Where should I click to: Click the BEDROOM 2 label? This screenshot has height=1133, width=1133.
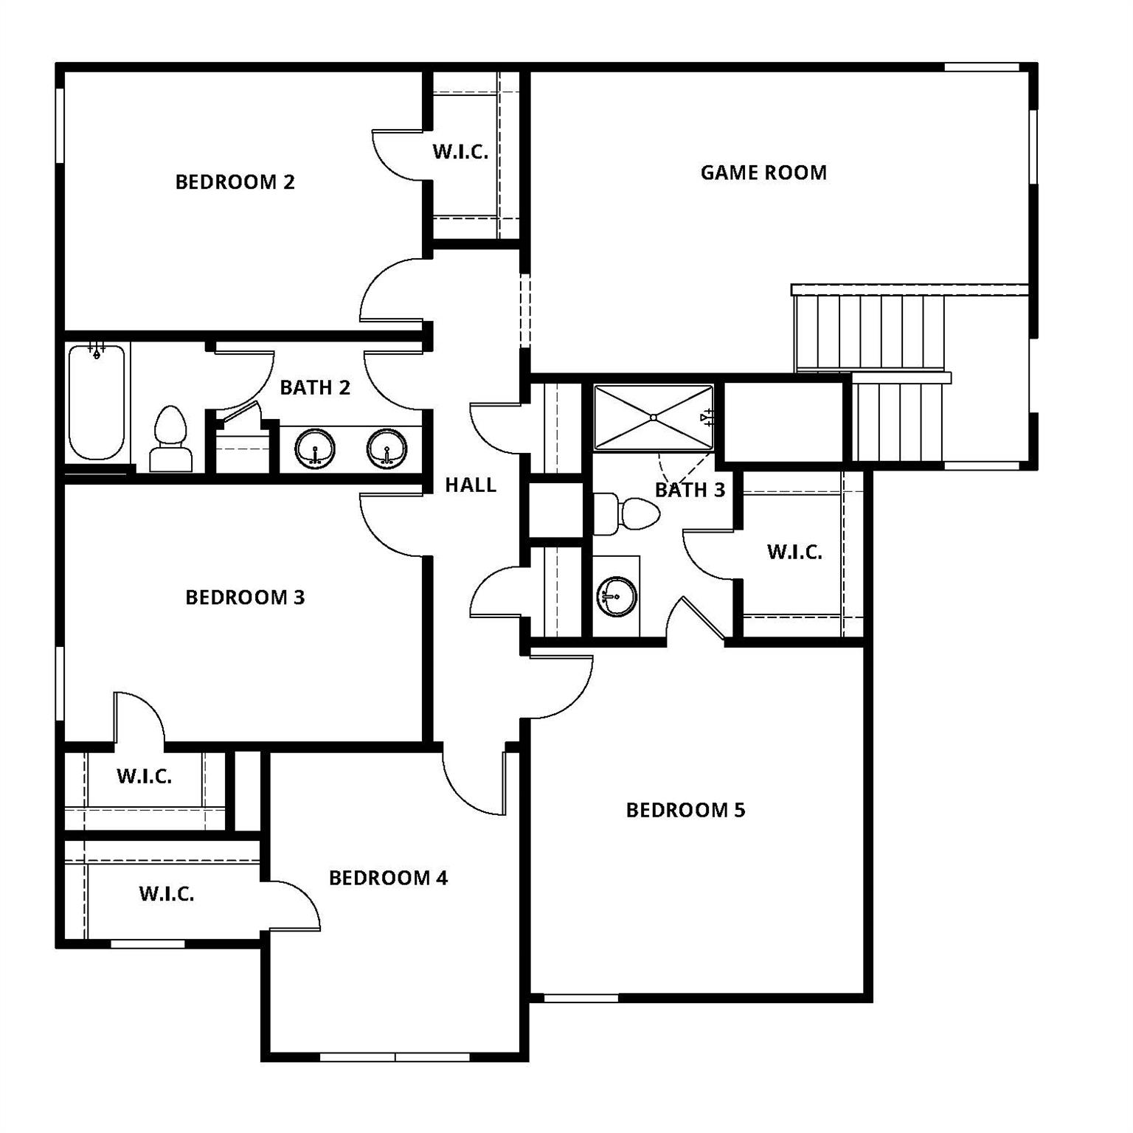coord(235,181)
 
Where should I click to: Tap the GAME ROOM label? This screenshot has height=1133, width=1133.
coord(763,173)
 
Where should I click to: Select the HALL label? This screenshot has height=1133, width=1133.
coord(470,485)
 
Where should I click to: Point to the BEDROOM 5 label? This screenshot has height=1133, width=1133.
coord(685,810)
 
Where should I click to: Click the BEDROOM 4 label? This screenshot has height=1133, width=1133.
coord(388,878)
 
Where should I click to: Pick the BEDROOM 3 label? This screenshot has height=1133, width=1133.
coord(245,597)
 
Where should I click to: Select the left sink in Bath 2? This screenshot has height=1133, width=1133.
coord(315,449)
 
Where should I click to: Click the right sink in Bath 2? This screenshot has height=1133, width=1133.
coord(387,449)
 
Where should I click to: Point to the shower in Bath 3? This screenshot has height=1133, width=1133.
coord(654,417)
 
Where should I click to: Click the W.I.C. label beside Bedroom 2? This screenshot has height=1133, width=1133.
coord(460,152)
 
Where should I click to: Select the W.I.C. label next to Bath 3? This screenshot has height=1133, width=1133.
coord(794,552)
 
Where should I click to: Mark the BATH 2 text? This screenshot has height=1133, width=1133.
coord(315,387)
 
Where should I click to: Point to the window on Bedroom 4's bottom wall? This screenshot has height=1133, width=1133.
coord(395,1057)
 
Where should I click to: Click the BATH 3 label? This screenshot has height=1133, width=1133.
coord(690,490)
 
